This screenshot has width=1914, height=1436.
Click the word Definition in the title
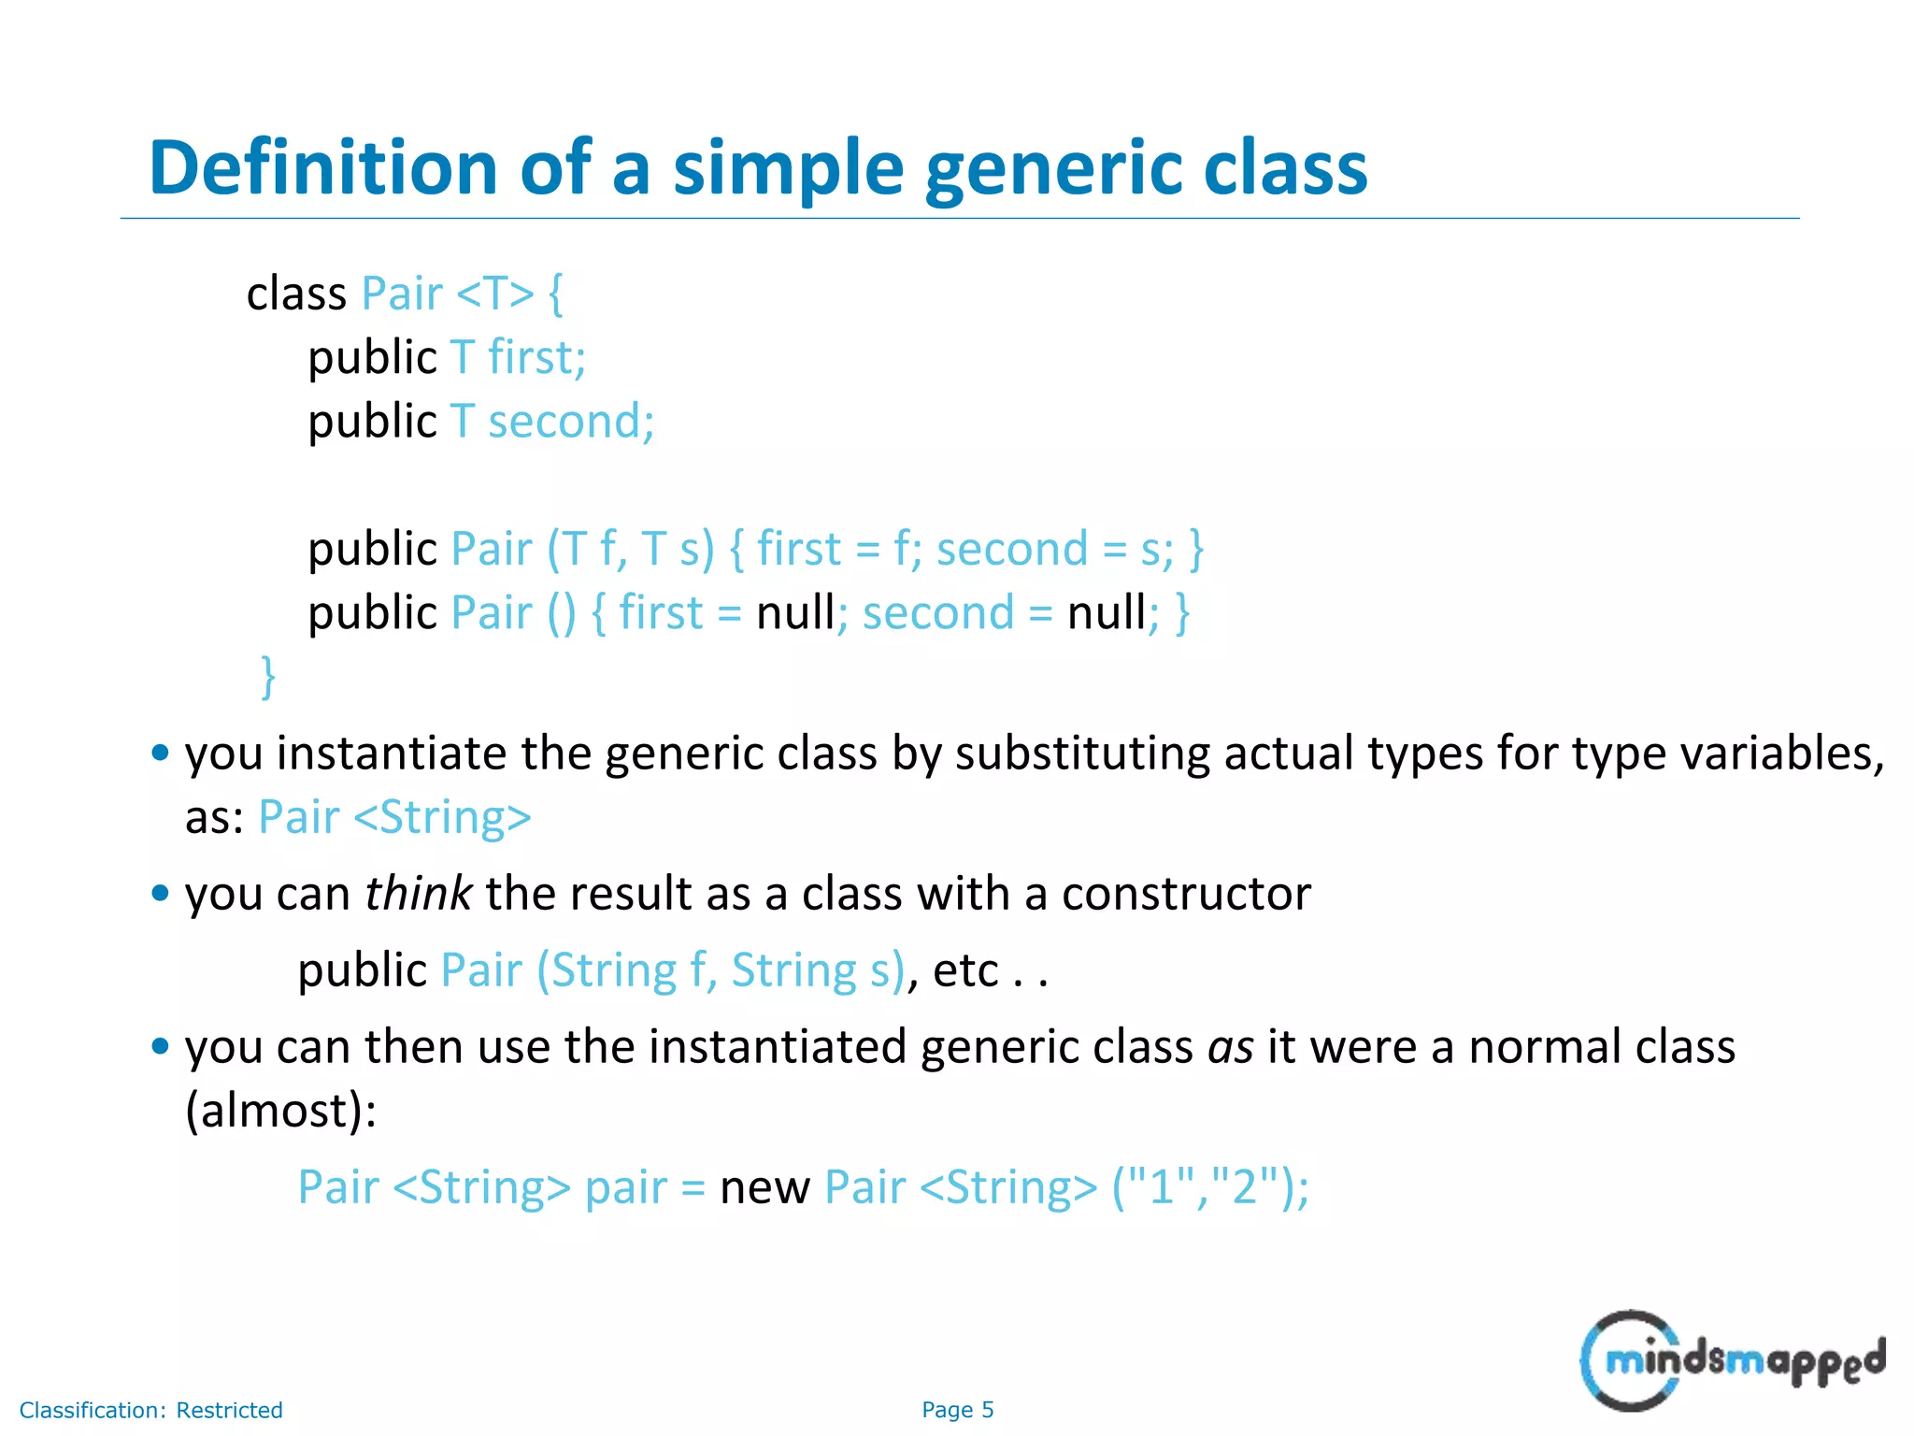point(323,168)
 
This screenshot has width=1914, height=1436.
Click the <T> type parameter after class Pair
point(494,294)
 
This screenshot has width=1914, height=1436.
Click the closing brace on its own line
point(268,677)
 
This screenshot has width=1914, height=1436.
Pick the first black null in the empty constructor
point(794,614)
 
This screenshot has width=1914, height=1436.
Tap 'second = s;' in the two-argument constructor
point(1054,550)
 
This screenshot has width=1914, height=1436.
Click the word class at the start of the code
point(296,294)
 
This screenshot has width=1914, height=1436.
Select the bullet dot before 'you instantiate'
point(160,753)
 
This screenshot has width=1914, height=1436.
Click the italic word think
point(418,894)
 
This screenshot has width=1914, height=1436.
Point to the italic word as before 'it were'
point(1230,1047)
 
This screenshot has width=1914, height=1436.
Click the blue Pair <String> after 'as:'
point(394,818)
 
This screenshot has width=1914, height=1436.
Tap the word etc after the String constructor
point(965,971)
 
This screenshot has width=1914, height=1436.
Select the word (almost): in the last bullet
point(280,1112)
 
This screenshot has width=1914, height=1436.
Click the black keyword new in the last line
point(764,1189)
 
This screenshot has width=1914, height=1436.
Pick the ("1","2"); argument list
point(1209,1189)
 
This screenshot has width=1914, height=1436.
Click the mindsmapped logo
point(1731,1360)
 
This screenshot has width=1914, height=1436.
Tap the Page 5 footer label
point(957,1410)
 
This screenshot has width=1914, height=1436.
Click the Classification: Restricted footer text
point(150,1410)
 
